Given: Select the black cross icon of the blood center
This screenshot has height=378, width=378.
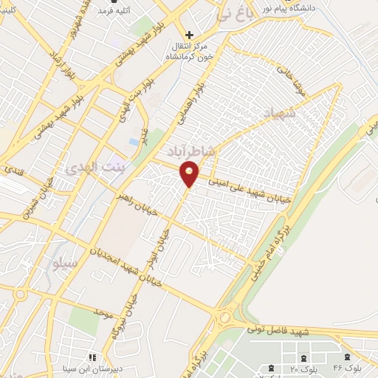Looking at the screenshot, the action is coord(190,34).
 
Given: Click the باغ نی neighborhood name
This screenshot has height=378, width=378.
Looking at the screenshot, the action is coord(235,13).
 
